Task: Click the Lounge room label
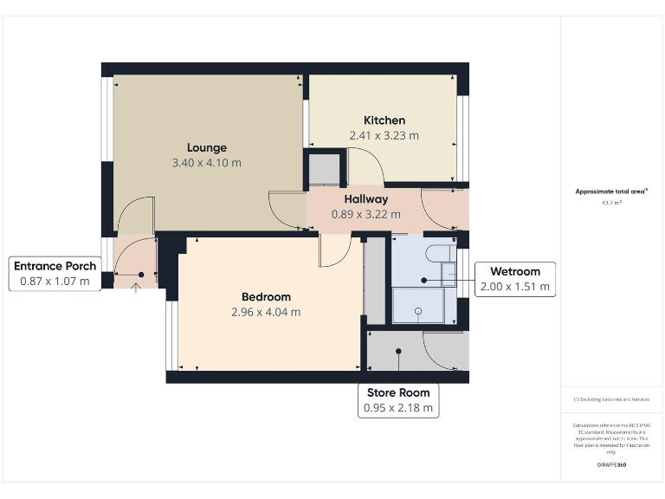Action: (207, 147)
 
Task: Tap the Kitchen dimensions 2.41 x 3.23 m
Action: (384, 135)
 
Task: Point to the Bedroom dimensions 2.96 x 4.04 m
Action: (266, 312)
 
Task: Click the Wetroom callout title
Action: (515, 270)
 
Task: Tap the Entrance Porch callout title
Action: (55, 265)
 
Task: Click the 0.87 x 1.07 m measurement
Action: (55, 281)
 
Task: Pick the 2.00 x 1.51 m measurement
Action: (515, 286)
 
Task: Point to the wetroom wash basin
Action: (449, 275)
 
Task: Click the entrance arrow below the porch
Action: (136, 287)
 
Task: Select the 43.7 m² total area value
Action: (611, 203)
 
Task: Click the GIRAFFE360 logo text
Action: (611, 465)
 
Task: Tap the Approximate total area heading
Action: (611, 191)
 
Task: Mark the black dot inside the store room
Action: (398, 351)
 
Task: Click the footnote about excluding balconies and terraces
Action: (611, 399)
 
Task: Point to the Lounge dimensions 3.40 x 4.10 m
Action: (207, 162)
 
